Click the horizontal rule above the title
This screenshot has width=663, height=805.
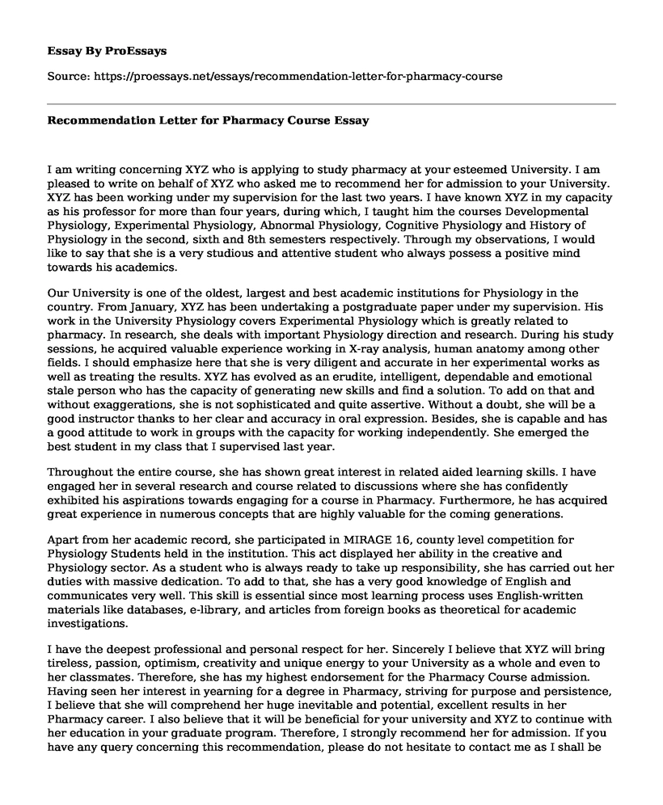pyautogui.click(x=331, y=103)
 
